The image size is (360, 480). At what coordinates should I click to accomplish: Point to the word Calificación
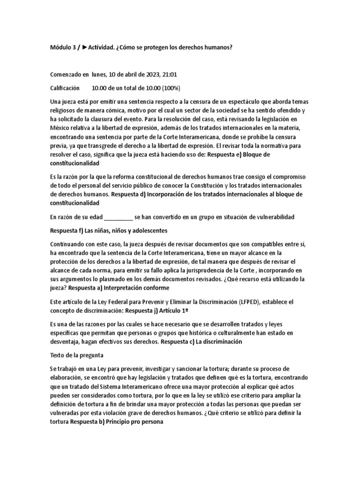[x=65, y=88]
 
